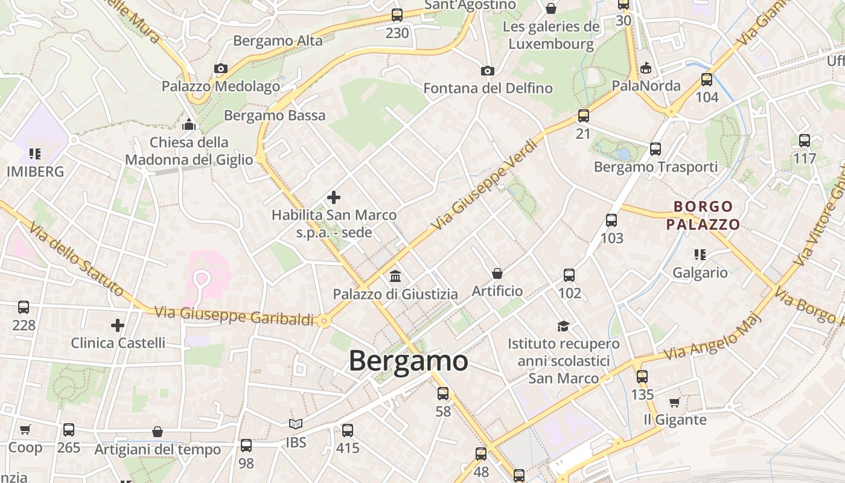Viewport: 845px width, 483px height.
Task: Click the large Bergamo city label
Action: click(x=408, y=361)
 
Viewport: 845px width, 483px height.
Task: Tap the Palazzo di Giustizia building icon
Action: click(x=395, y=277)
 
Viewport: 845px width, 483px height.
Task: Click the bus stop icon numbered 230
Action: click(x=397, y=15)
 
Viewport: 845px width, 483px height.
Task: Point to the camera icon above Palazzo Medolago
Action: click(x=221, y=69)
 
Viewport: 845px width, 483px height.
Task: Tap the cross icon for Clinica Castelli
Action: click(x=118, y=325)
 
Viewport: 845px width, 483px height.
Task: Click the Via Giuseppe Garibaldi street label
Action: click(x=235, y=315)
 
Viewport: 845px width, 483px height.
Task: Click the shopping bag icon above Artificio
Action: click(x=497, y=273)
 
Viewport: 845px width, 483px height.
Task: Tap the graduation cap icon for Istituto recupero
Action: click(x=563, y=326)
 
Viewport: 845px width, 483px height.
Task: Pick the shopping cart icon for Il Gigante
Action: click(x=674, y=402)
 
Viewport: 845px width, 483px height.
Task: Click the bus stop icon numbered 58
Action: click(x=443, y=394)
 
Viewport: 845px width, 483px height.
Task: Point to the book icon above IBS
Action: click(x=295, y=424)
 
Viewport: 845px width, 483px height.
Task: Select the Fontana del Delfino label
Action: click(x=488, y=88)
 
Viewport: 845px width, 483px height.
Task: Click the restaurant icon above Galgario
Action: click(x=700, y=255)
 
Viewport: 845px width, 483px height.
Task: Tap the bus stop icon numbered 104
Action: click(x=707, y=79)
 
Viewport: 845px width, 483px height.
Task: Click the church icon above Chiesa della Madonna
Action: click(x=190, y=125)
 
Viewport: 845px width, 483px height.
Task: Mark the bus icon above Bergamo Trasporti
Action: click(x=655, y=149)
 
